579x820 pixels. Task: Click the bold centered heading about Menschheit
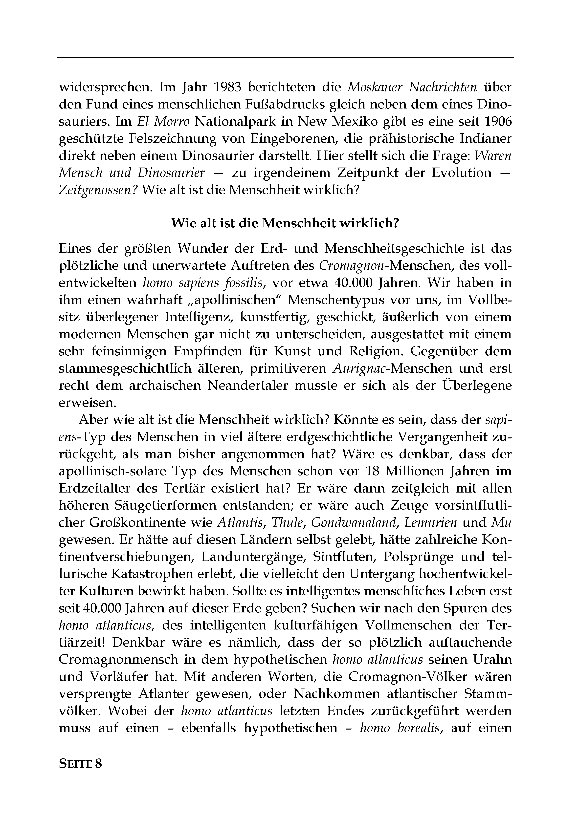[x=285, y=223]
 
